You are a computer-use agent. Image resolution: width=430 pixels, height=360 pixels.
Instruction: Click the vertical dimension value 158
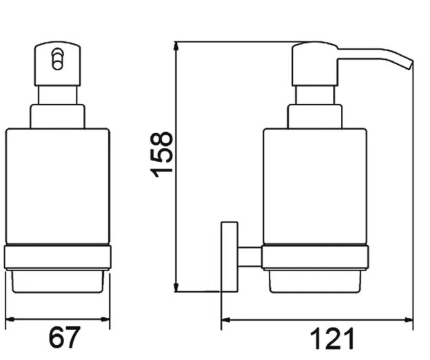click(x=163, y=154)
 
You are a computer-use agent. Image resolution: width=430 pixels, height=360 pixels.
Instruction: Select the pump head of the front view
click(x=58, y=65)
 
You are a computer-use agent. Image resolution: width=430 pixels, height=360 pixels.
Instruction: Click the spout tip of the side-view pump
click(x=409, y=65)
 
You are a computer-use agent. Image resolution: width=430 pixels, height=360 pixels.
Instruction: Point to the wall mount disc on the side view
click(x=229, y=256)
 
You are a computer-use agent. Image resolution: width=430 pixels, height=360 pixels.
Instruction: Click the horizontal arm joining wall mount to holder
click(x=249, y=257)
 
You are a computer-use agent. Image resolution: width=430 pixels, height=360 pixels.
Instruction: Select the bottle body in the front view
click(x=57, y=186)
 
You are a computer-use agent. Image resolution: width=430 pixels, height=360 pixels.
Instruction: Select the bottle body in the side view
click(x=315, y=186)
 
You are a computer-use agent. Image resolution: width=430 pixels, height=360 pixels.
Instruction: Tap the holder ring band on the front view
click(x=57, y=257)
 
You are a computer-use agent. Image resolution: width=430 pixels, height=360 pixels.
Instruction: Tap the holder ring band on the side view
click(x=315, y=257)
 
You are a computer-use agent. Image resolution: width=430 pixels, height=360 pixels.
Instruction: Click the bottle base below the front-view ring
click(x=57, y=280)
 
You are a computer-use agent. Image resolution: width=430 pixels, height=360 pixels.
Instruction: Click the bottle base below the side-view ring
click(x=315, y=280)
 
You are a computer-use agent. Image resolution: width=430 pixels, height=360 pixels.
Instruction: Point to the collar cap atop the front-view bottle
click(x=57, y=116)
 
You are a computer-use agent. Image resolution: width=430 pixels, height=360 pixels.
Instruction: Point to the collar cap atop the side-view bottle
click(x=315, y=116)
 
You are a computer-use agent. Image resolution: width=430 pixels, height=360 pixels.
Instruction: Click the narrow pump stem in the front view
click(x=58, y=95)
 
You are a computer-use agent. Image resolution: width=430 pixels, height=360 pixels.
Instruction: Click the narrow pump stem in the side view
click(x=315, y=95)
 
